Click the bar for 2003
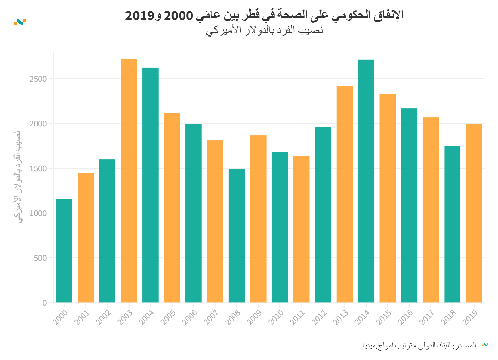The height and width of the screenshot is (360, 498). click(129, 181)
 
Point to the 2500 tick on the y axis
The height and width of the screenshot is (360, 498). click(38, 79)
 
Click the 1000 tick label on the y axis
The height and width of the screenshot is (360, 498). click(38, 213)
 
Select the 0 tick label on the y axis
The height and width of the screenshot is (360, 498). click(45, 303)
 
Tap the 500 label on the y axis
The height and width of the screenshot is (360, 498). click(40, 258)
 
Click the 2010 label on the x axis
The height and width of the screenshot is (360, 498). click(276, 317)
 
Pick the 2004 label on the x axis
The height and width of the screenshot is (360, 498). click(146, 317)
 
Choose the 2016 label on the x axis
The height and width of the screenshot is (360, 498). click(405, 317)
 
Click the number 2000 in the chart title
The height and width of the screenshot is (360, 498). click(179, 15)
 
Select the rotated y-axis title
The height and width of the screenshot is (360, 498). click(18, 177)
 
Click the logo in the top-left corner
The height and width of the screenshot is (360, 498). click(20, 22)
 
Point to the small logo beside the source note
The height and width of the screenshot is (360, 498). click(485, 345)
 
